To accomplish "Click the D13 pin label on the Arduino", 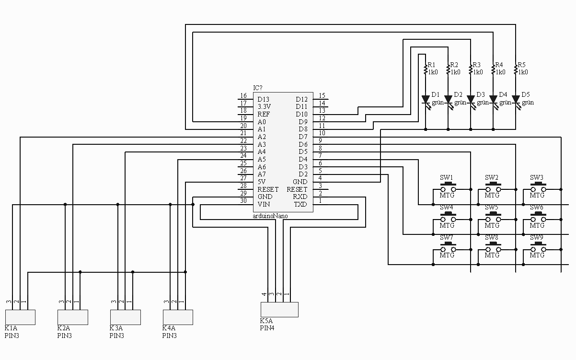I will [264, 99].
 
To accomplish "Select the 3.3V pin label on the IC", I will [264, 106].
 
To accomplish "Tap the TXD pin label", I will [300, 204].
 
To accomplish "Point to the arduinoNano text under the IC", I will [270, 216].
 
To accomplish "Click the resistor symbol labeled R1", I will [426, 70].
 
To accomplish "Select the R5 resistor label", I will [522, 65].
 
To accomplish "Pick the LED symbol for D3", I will [471, 100].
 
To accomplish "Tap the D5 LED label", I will [526, 94].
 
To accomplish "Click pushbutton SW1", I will [448, 188].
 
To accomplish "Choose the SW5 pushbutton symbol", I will [492, 218].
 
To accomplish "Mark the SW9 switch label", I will [537, 237].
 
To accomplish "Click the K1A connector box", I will [20, 317].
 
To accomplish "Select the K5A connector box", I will [279, 309].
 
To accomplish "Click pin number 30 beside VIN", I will [243, 200].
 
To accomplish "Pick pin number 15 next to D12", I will [322, 96].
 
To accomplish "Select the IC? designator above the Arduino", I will [258, 88].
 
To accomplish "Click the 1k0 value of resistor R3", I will [478, 72].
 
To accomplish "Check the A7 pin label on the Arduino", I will [262, 174].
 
